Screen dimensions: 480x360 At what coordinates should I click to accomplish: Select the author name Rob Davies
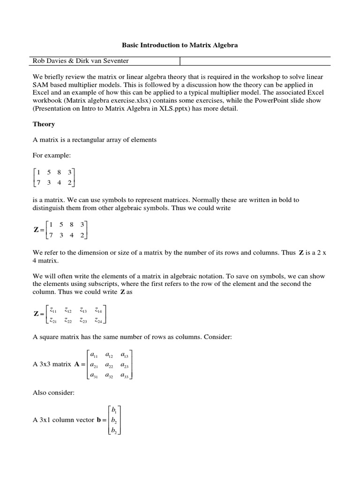coord(49,60)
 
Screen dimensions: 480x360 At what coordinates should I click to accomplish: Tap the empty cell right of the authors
coord(255,60)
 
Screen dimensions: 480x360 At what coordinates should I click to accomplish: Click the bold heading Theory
coord(44,124)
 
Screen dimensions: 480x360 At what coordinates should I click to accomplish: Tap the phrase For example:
coord(51,155)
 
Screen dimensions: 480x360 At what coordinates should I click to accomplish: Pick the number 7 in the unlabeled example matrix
coord(39,182)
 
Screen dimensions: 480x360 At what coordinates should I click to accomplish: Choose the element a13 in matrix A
coord(125,355)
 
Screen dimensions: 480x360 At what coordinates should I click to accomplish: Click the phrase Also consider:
coord(53,392)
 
